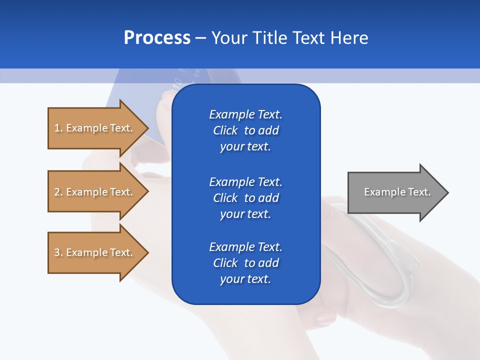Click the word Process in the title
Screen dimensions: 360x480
pyautogui.click(x=157, y=38)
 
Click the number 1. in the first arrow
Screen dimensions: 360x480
pyautogui.click(x=58, y=128)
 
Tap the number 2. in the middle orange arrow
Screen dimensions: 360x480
pyautogui.click(x=58, y=192)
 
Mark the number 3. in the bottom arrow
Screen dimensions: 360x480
pyautogui.click(x=58, y=252)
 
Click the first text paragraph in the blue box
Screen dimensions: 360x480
pyautogui.click(x=245, y=130)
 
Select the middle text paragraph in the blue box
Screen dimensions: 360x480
pyautogui.click(x=245, y=198)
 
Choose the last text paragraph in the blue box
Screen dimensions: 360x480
pyautogui.click(x=245, y=263)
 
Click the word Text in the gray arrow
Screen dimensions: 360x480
pyautogui.click(x=419, y=192)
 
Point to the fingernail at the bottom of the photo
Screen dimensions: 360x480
pyautogui.click(x=326, y=316)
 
